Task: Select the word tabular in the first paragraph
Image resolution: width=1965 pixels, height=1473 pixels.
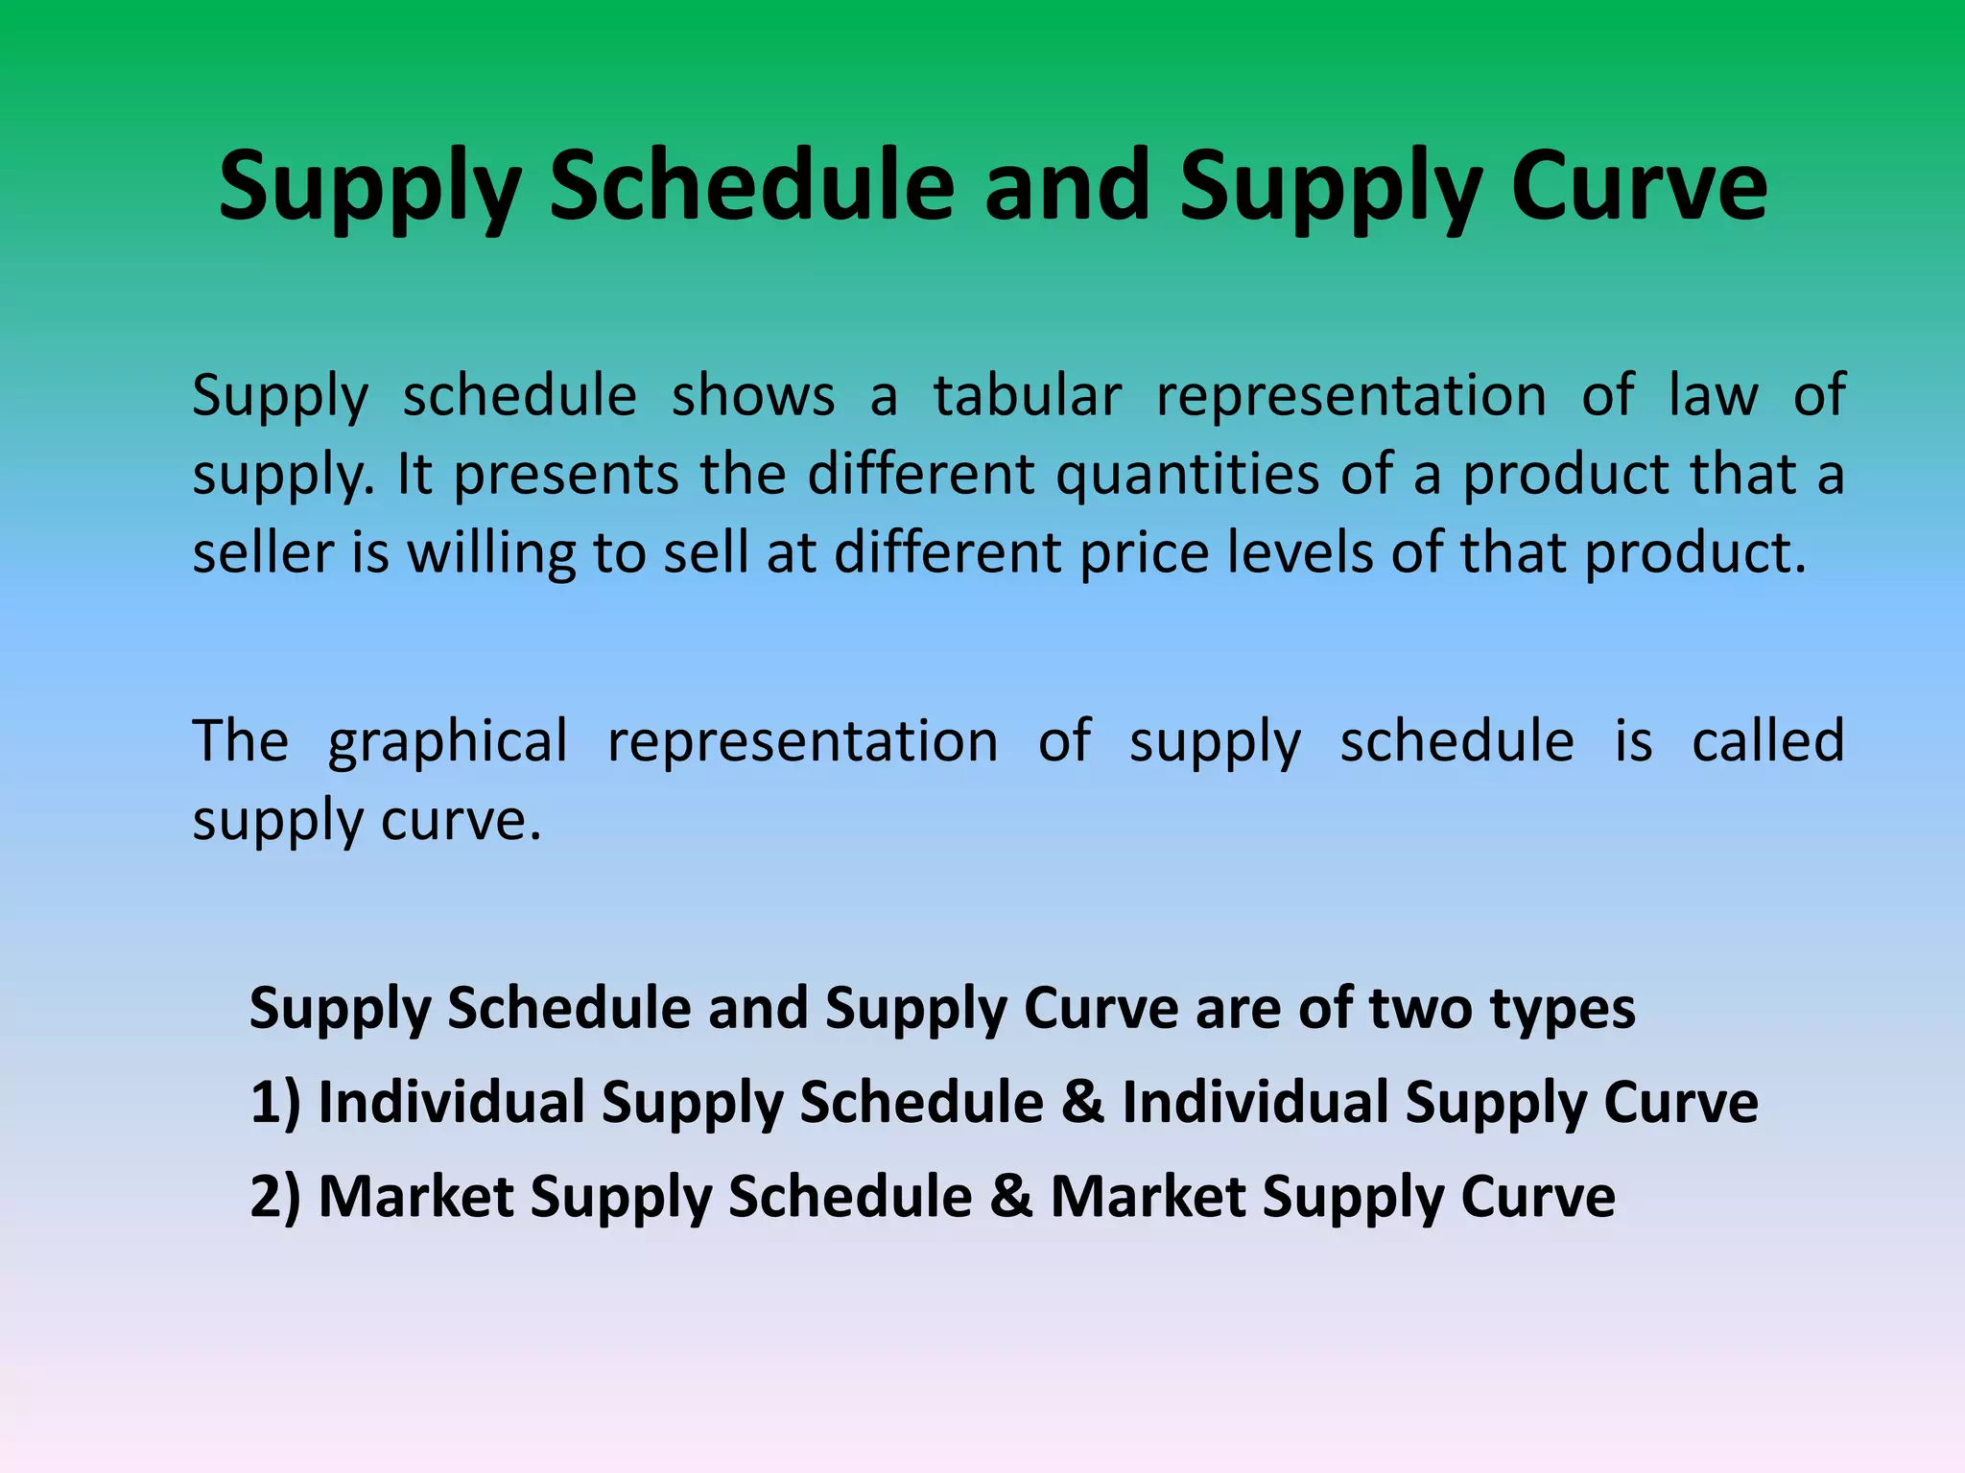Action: tap(1027, 396)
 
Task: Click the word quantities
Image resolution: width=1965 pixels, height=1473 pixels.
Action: tap(1188, 475)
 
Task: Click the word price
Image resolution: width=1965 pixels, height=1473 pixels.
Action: tap(1145, 553)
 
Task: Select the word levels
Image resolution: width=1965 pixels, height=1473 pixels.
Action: tap(1300, 553)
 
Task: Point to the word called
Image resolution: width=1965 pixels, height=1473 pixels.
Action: tap(1767, 741)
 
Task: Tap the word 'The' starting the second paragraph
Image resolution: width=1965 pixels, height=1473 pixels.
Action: tap(240, 741)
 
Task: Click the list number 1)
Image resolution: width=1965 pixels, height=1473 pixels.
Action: tap(275, 1101)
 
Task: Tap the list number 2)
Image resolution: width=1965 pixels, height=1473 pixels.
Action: tap(275, 1197)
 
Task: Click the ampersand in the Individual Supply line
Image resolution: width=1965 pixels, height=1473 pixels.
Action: tap(1082, 1101)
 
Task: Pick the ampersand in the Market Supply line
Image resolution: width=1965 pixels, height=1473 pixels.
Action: tap(1011, 1197)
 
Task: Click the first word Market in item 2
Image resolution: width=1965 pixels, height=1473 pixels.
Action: tap(415, 1197)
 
